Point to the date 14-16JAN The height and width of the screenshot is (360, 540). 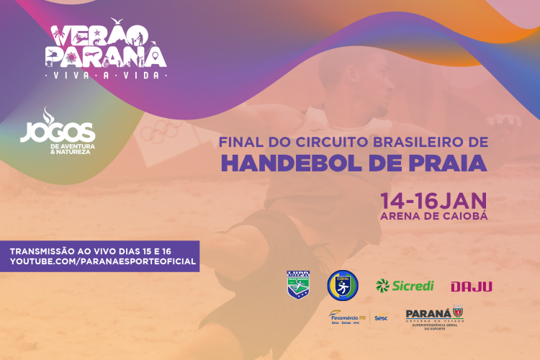point(433,199)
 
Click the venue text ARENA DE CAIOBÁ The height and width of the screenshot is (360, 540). point(433,215)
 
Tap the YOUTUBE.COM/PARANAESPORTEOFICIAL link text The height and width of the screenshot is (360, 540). point(102,261)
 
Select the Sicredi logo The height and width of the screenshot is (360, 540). point(405,286)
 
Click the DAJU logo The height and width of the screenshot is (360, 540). point(472,287)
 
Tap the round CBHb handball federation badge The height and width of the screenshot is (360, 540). point(343,285)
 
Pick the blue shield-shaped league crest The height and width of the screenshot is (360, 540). point(299,285)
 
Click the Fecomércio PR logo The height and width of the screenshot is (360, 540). point(346,316)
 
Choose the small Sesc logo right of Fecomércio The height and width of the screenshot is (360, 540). point(381,318)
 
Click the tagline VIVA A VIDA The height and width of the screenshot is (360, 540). point(105,74)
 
